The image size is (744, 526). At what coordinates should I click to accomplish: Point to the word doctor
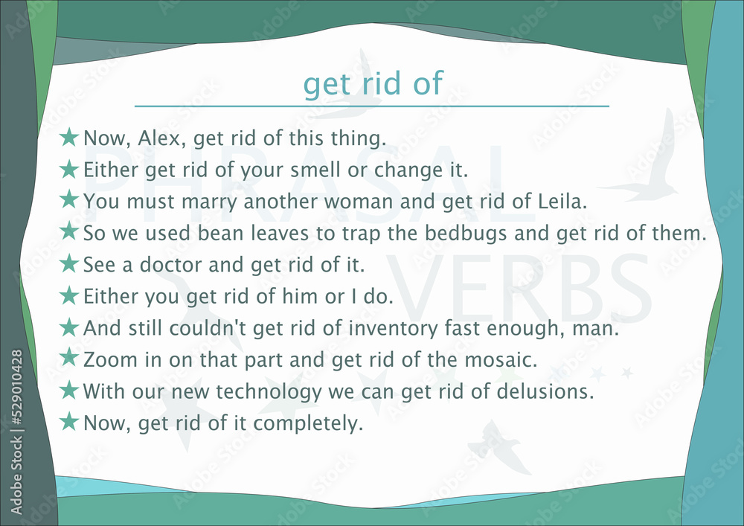pos(170,264)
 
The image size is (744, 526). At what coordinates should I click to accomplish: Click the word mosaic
pos(498,360)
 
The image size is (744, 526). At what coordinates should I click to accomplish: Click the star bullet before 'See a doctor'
pos(69,263)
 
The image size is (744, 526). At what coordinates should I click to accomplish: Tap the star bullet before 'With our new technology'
pos(69,390)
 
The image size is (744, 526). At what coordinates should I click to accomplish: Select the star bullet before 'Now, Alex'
pos(69,137)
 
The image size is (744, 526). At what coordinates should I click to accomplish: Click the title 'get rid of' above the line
pos(373,83)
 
